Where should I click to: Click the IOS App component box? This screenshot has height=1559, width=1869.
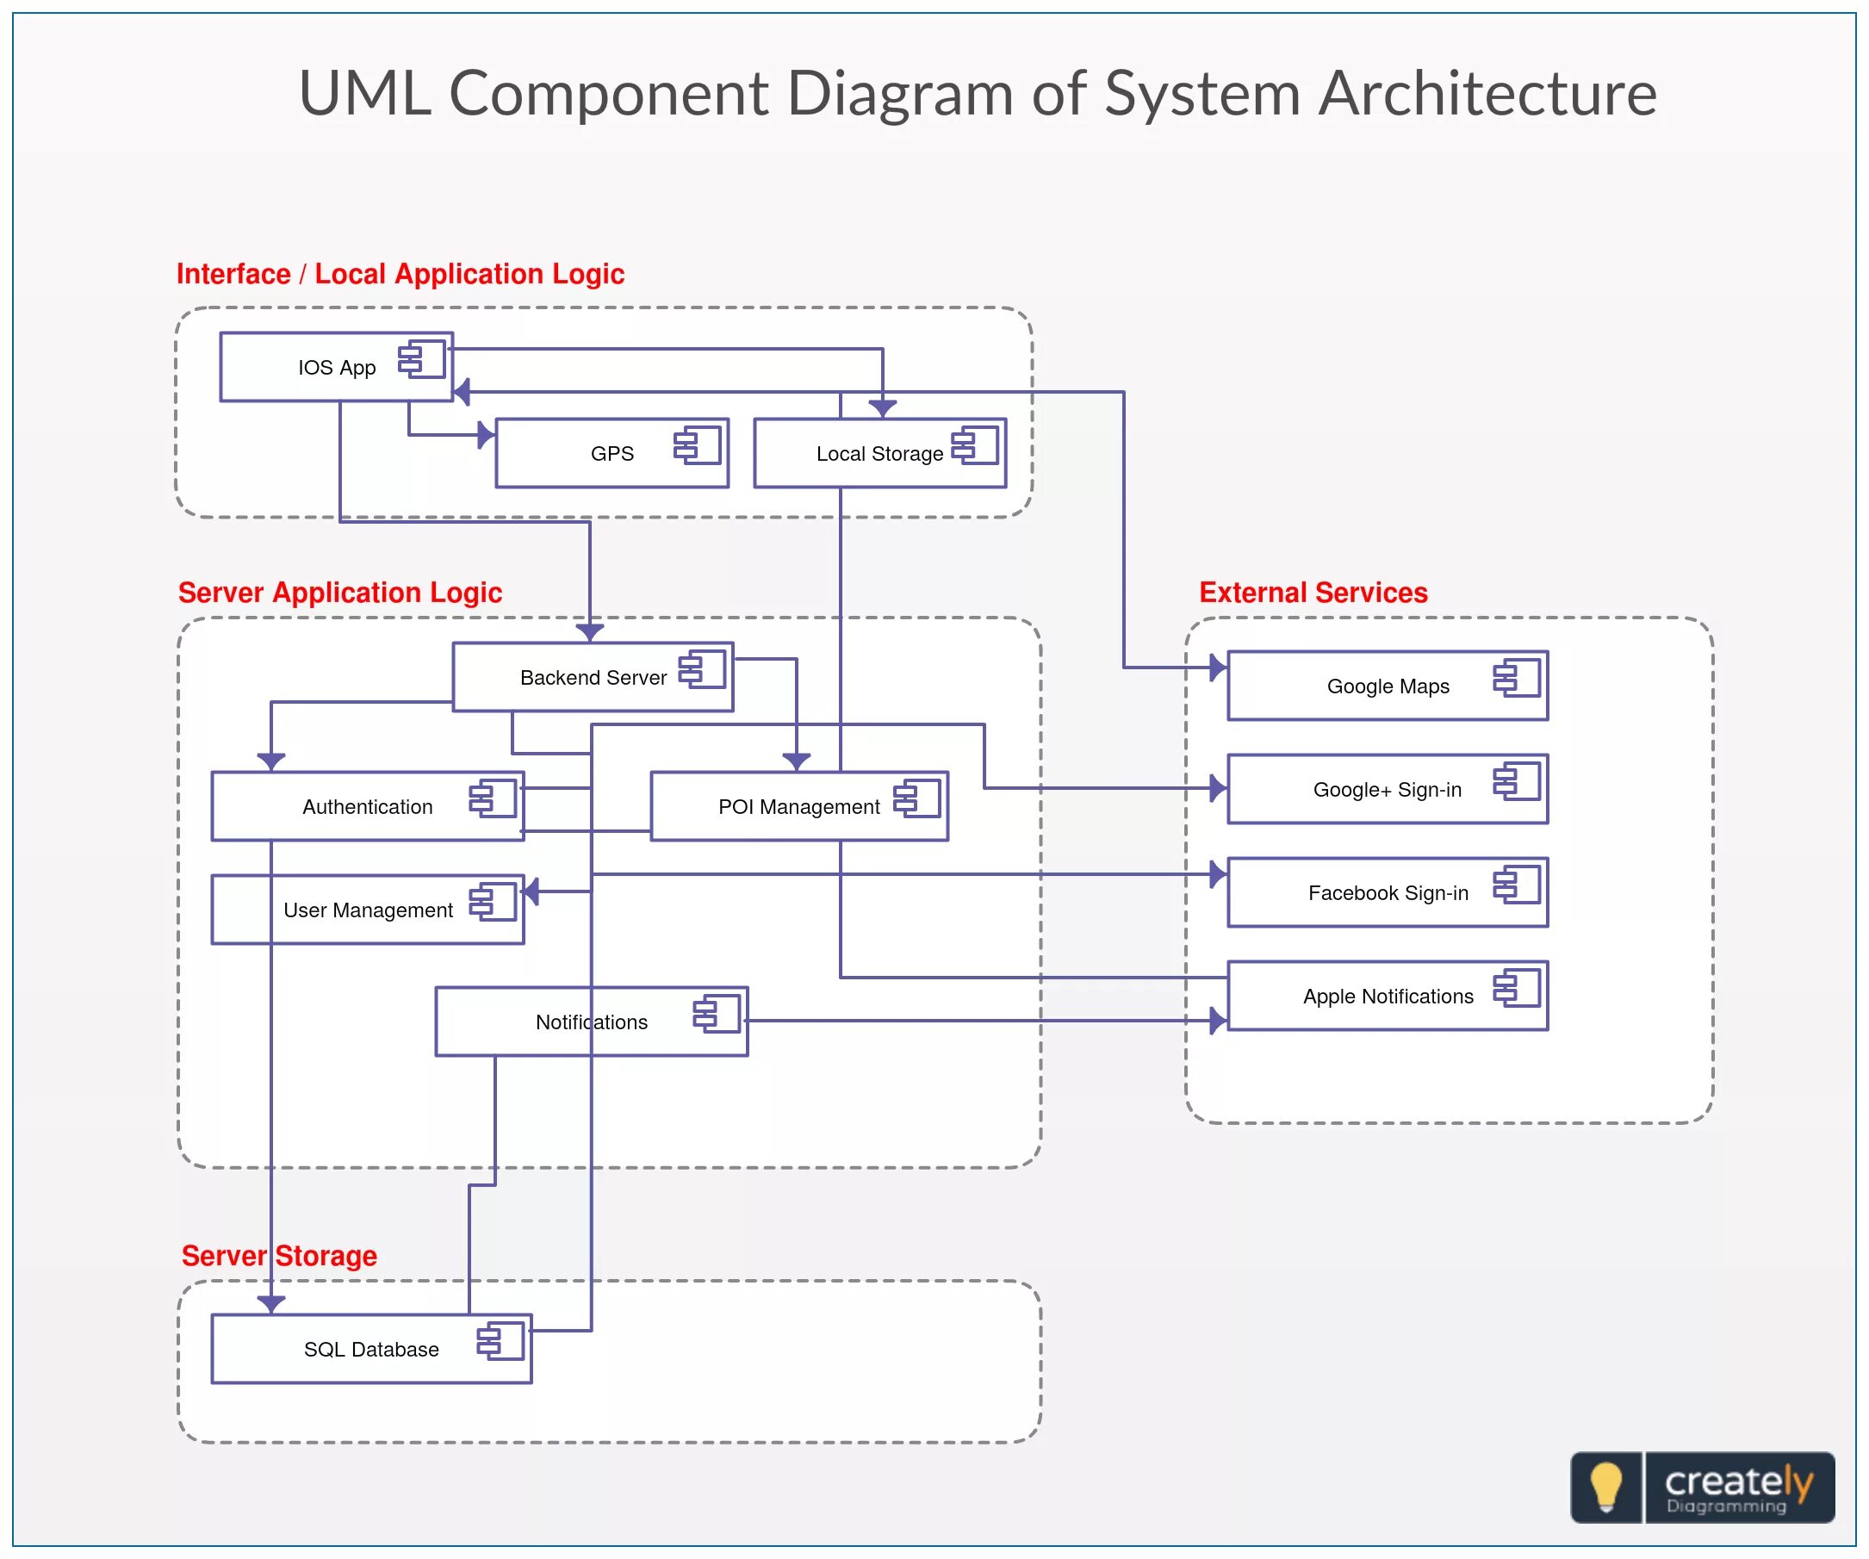[x=337, y=368]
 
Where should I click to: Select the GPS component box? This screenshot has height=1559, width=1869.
[x=612, y=454]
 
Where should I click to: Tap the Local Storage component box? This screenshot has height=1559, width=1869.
[x=879, y=454]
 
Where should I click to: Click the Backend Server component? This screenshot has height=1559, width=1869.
[x=593, y=678]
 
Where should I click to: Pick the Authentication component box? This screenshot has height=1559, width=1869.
[x=367, y=807]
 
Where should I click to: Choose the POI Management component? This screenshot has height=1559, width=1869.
[x=798, y=807]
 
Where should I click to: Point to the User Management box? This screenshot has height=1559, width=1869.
[x=367, y=910]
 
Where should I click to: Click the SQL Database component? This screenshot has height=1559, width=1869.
[x=370, y=1350]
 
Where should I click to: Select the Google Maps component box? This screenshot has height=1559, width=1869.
[x=1388, y=686]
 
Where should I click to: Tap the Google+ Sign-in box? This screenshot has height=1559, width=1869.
[x=1388, y=789]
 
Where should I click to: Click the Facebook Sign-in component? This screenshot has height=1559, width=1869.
[x=1388, y=892]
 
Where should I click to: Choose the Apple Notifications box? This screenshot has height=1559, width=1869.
[x=1388, y=997]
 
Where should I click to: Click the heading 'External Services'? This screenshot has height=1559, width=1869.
[x=1313, y=593]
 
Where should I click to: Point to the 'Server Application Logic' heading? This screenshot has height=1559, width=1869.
[x=340, y=593]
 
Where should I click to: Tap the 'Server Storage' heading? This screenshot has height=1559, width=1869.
[x=279, y=1256]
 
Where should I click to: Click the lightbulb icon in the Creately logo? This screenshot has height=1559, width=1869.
[x=1606, y=1487]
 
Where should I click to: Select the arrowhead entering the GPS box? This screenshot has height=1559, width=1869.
[x=486, y=435]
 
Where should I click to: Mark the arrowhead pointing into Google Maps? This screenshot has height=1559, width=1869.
[x=1218, y=667]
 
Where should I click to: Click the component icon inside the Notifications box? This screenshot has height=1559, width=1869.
[x=717, y=1014]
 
